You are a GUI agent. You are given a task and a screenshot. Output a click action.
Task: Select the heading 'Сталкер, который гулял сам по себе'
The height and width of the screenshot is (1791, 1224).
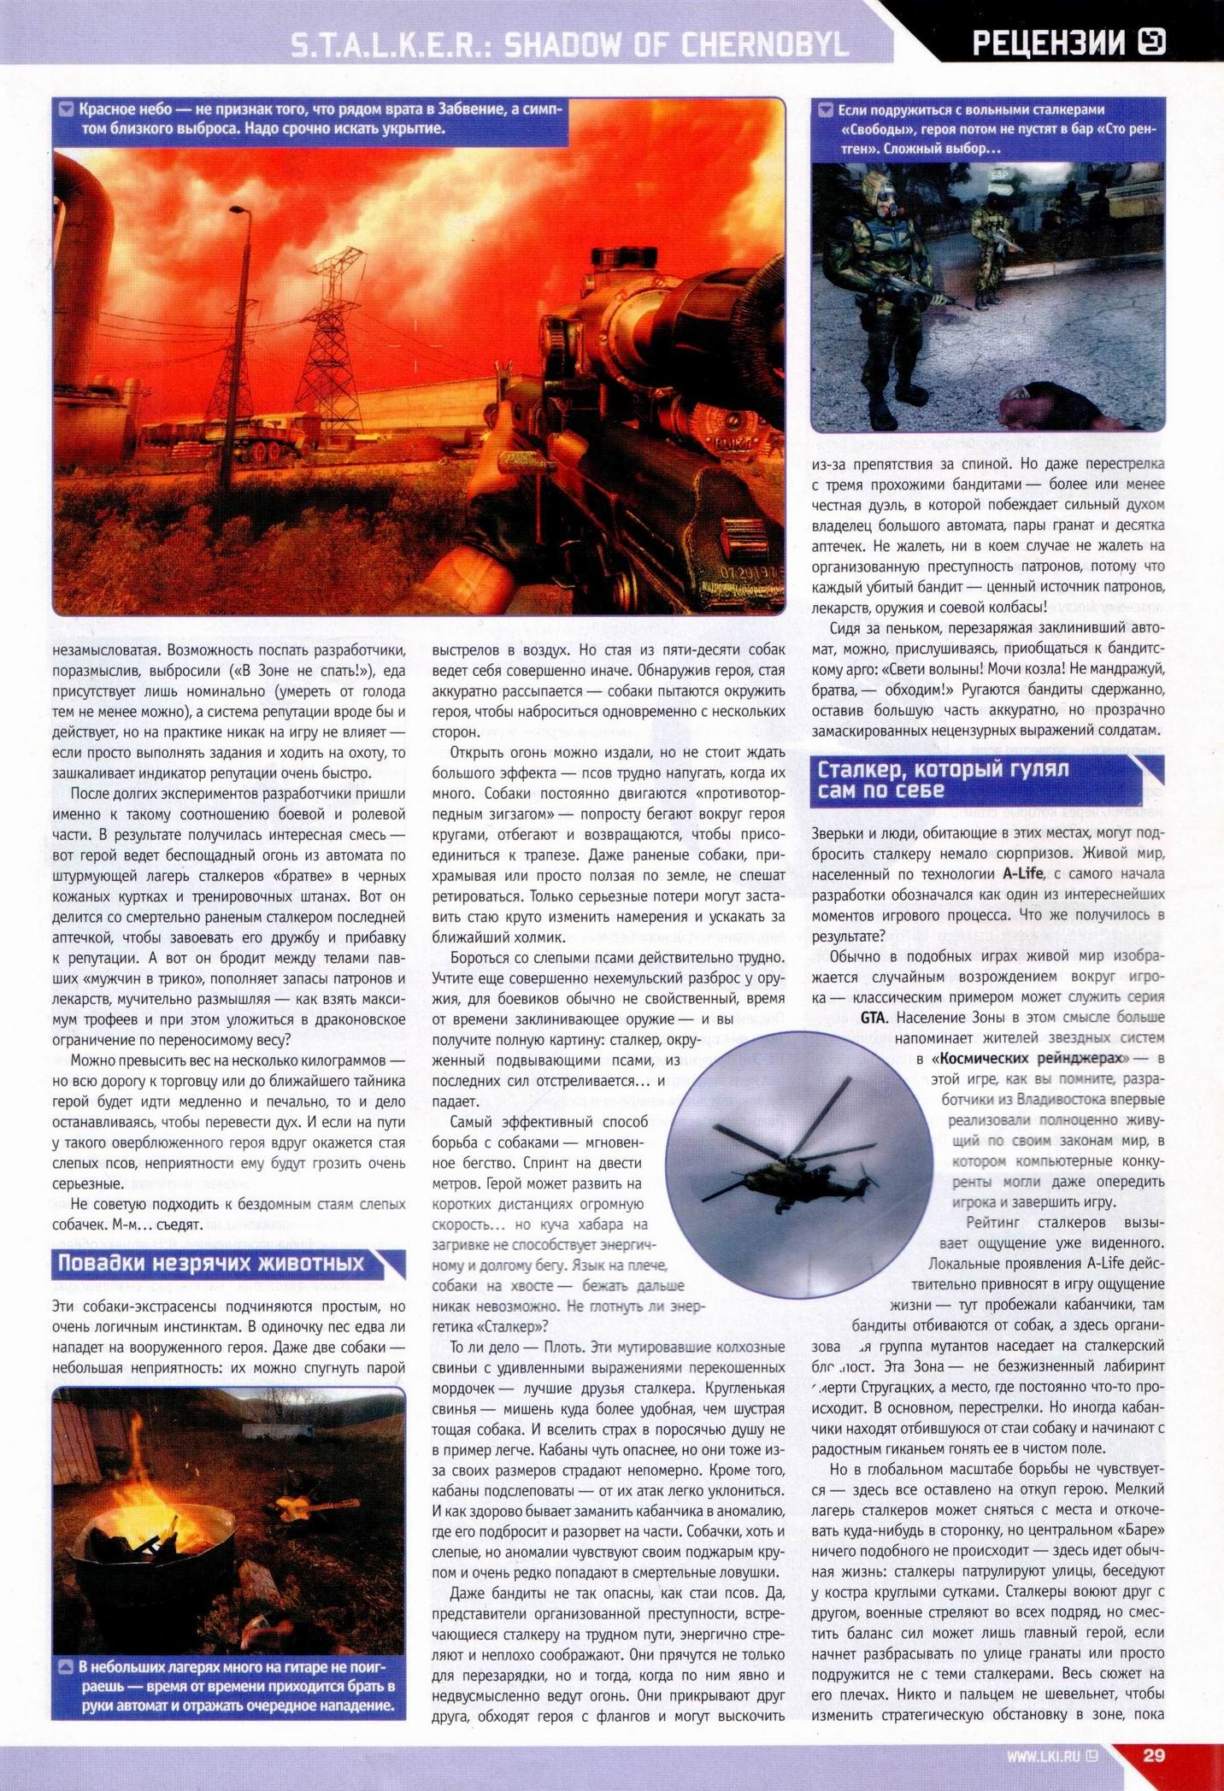point(944,778)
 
